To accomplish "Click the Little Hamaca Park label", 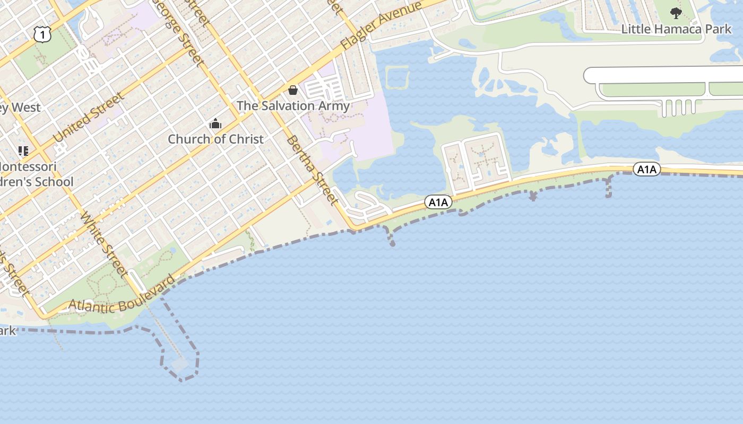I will pyautogui.click(x=676, y=29).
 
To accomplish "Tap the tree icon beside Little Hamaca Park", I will pyautogui.click(x=676, y=13).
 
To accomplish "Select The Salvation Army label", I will pyautogui.click(x=293, y=105).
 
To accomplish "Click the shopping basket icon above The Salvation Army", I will pyautogui.click(x=292, y=90).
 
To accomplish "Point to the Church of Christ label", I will pyautogui.click(x=215, y=139).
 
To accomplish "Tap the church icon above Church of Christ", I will pyautogui.click(x=215, y=124).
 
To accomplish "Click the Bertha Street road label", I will pyautogui.click(x=313, y=170).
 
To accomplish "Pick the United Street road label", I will pyautogui.click(x=89, y=118).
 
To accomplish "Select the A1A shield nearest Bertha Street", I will pyautogui.click(x=438, y=202).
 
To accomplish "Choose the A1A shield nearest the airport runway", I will pyautogui.click(x=646, y=169).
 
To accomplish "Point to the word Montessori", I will pyautogui.click(x=29, y=166).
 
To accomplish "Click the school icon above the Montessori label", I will pyautogui.click(x=23, y=151).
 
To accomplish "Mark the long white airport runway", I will pyautogui.click(x=663, y=75).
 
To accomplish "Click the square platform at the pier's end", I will pyautogui.click(x=180, y=365).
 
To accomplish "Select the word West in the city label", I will pyautogui.click(x=27, y=108).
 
